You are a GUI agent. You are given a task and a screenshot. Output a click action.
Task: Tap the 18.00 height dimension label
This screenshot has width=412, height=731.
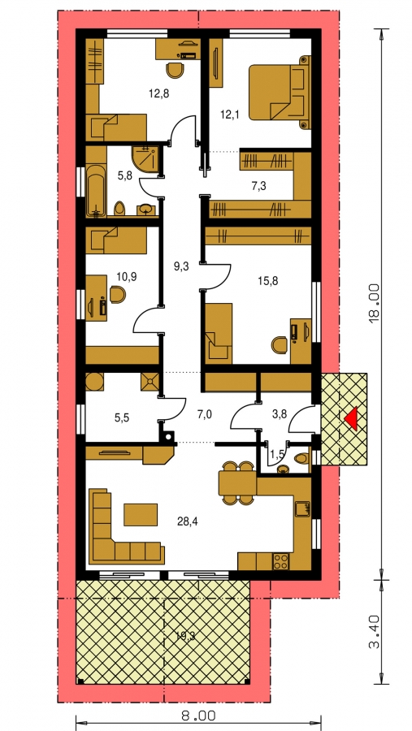375,305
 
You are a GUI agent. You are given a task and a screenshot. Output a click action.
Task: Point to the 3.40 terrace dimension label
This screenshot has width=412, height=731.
375,633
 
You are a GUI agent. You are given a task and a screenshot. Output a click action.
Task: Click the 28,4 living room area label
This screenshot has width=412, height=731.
187,521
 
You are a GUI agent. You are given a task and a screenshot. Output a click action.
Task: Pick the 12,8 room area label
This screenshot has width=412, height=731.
158,93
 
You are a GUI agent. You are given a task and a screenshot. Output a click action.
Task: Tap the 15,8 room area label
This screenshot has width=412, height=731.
267,281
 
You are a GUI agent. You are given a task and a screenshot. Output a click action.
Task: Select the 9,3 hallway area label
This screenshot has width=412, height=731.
182,267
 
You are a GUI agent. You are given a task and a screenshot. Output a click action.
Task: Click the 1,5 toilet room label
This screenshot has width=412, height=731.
280,456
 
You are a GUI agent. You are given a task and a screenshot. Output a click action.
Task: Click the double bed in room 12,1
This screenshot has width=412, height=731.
280,93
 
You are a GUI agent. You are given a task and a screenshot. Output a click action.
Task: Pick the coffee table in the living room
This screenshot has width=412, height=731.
141,514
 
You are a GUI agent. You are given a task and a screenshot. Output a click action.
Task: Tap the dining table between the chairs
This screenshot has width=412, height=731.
237,482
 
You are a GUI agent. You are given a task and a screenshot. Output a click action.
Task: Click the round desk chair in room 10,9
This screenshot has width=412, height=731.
118,295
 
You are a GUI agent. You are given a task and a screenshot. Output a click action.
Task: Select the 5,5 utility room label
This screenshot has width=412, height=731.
122,417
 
